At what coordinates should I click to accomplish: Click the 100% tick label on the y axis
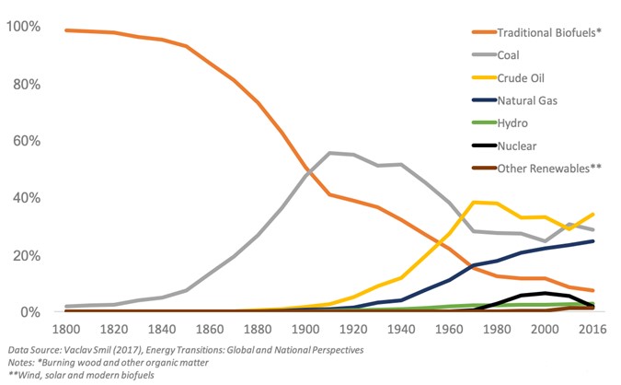21,27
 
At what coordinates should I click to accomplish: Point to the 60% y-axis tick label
25,141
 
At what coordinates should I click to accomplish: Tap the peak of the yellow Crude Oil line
474,202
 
